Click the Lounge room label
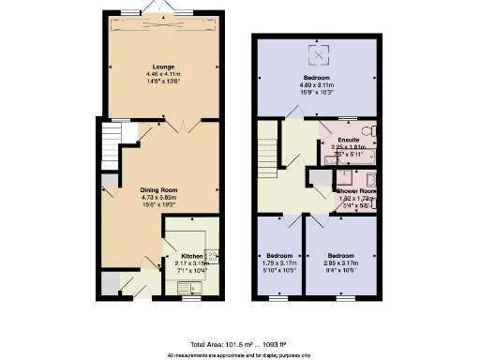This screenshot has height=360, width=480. click(164, 66)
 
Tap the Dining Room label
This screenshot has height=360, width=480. click(164, 190)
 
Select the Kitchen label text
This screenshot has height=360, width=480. click(191, 255)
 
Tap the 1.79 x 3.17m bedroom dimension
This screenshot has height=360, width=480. click(279, 262)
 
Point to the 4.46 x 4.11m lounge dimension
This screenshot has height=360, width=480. click(164, 73)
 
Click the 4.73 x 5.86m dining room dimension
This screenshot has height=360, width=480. click(164, 198)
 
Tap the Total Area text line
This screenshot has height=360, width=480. click(240, 345)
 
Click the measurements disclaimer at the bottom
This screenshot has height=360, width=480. click(240, 355)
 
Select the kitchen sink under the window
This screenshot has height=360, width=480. click(184, 288)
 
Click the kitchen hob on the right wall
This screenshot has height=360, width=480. click(212, 255)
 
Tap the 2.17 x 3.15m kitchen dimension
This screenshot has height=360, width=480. click(191, 262)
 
